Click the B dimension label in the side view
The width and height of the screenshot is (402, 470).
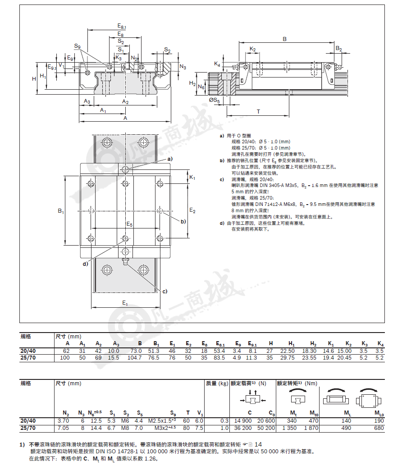tap(284, 39)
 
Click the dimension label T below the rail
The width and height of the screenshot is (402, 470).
tap(258, 111)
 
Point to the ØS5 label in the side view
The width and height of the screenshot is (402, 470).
tap(215, 100)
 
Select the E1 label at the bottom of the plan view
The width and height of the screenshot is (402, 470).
tap(125, 303)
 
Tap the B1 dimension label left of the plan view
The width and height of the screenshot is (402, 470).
tap(61, 211)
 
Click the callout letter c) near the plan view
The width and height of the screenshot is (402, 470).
tap(164, 292)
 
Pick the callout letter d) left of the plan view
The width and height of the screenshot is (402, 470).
tap(86, 264)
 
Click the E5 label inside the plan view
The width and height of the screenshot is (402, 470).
tap(129, 224)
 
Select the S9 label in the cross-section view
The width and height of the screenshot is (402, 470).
tap(78, 46)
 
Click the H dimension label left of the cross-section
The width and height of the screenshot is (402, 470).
tap(34, 79)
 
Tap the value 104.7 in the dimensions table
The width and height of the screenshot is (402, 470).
tap(134, 358)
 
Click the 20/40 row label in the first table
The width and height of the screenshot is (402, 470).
tap(28, 351)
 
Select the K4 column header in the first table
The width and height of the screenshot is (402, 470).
tap(380, 344)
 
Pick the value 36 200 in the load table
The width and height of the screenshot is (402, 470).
tap(243, 428)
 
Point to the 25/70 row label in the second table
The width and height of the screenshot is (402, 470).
tap(28, 428)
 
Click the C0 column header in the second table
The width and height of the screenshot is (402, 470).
tap(272, 413)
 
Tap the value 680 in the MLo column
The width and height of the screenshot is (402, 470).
tap(379, 428)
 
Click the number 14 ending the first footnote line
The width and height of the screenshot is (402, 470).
tap(258, 444)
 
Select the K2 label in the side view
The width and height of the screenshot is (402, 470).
tap(253, 49)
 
